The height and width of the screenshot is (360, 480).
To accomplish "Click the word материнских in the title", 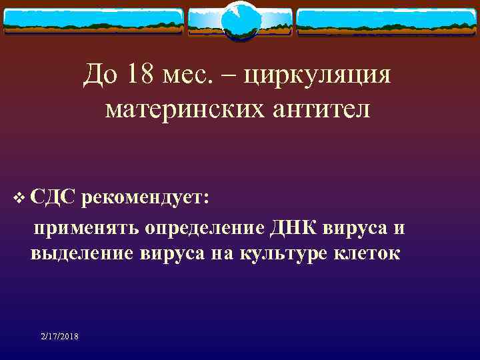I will click(x=178, y=108).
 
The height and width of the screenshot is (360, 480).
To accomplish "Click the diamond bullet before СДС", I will click(x=17, y=198).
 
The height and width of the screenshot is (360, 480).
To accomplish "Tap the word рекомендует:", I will click(x=147, y=198).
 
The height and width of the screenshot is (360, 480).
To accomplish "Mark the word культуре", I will click(x=286, y=254).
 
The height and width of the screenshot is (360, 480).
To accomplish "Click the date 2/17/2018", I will click(x=59, y=337).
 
